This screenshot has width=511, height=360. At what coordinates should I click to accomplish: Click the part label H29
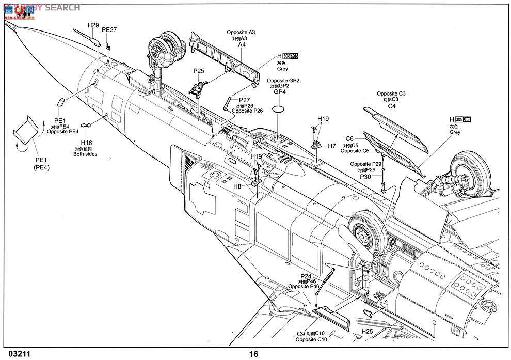[x=93, y=25]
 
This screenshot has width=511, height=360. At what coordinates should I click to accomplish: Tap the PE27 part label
[x=109, y=30]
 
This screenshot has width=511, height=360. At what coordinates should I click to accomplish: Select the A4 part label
[x=242, y=45]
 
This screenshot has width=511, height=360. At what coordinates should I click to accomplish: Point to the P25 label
[x=199, y=71]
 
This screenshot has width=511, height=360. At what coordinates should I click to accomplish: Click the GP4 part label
[x=279, y=92]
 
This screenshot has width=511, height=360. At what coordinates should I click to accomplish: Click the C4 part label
[x=392, y=106]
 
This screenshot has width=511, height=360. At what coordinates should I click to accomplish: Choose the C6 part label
[x=349, y=139]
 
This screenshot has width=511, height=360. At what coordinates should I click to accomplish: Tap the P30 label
[x=365, y=176]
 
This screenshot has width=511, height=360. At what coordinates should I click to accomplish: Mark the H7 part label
[x=332, y=146]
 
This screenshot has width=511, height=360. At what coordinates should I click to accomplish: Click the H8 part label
[x=237, y=186]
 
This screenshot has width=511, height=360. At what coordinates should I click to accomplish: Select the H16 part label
[x=86, y=143]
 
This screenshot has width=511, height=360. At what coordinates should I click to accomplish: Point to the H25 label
[x=367, y=331]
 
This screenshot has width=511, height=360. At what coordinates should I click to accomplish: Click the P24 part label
[x=306, y=276]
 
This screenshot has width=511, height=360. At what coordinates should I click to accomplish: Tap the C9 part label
[x=300, y=334]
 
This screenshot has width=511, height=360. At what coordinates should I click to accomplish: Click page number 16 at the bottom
[x=253, y=354]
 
